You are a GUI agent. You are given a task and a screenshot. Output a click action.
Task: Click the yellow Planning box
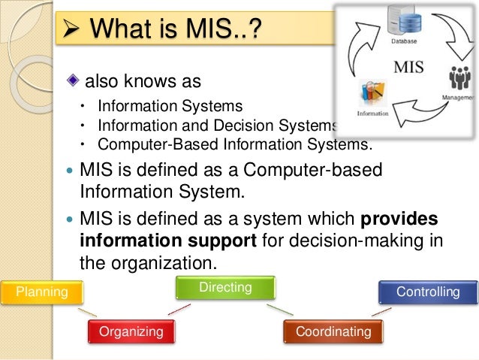pyautogui.click(x=42, y=292)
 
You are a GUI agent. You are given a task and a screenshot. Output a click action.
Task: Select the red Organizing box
pyautogui.click(x=131, y=331)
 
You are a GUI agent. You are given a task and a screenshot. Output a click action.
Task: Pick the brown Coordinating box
pyautogui.click(x=333, y=331)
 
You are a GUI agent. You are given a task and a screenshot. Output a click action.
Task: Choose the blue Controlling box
pyautogui.click(x=427, y=292)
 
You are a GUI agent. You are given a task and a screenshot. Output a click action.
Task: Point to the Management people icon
pyautogui.click(x=459, y=79)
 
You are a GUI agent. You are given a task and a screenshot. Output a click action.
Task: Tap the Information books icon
pyautogui.click(x=373, y=94)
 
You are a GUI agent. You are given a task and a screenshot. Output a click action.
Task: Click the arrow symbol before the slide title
pyautogui.click(x=72, y=31)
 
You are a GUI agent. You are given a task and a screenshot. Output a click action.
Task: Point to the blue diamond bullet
pyautogui.click(x=72, y=80)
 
